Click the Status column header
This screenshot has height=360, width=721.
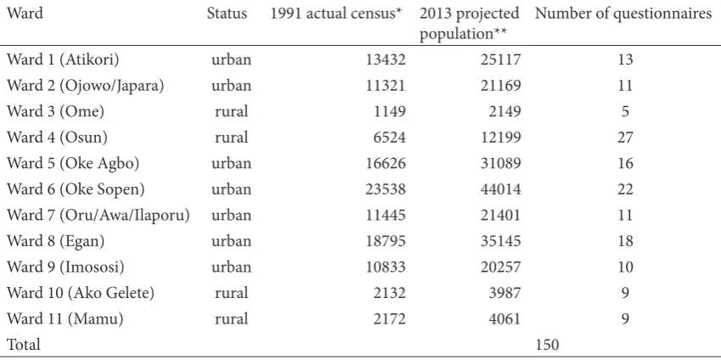(x=227, y=14)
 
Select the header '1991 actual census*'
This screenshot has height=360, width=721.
(x=337, y=14)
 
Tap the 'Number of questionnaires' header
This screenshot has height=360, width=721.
(x=623, y=14)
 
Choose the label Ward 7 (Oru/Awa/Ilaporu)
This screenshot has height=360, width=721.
(x=99, y=216)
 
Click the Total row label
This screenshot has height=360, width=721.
(x=24, y=345)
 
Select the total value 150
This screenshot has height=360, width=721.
(x=547, y=345)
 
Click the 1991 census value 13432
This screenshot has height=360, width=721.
(x=386, y=59)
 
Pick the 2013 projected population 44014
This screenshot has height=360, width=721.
(x=501, y=189)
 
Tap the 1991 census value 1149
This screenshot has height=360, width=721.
(x=390, y=112)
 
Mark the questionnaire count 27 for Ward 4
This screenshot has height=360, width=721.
(x=625, y=138)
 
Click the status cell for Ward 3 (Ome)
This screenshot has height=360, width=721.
(x=231, y=112)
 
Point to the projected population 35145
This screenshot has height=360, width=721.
(x=501, y=241)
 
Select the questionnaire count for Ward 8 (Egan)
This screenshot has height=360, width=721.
(x=625, y=241)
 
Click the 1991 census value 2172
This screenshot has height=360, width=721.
(x=390, y=318)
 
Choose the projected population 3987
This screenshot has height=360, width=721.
(x=505, y=293)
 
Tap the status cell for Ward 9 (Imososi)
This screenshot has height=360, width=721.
(x=231, y=267)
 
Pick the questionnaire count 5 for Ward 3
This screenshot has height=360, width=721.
(x=625, y=112)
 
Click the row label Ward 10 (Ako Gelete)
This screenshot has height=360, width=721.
(x=81, y=293)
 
